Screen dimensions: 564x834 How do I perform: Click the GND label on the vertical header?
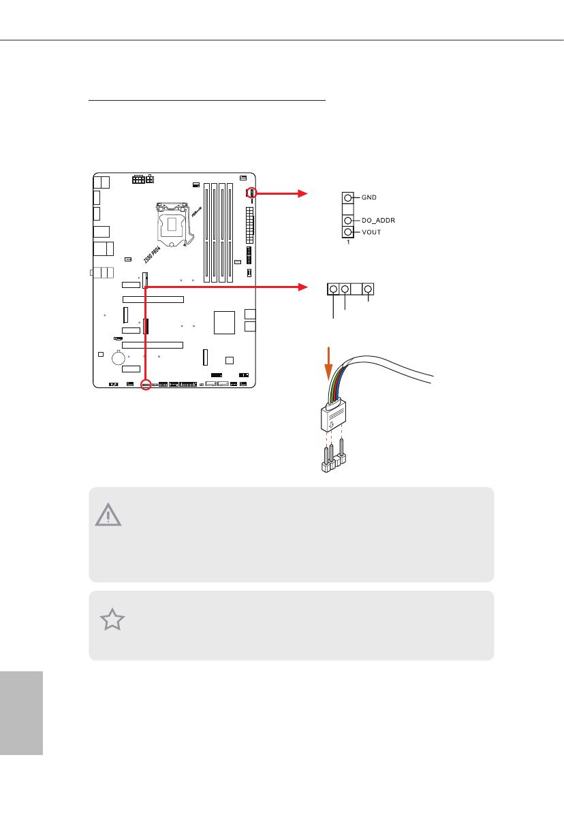pos(369,197)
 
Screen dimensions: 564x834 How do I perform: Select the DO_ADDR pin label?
pos(378,221)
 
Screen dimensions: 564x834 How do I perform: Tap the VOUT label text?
pos(371,233)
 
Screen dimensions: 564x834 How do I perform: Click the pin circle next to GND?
pos(348,197)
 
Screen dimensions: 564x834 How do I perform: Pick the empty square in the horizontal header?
pos(356,290)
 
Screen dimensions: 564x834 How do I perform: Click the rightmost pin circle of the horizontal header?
pos(369,290)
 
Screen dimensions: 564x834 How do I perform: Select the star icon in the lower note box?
pos(112,621)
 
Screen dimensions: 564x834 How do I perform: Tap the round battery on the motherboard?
pos(119,356)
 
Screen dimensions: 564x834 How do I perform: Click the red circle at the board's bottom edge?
pos(145,384)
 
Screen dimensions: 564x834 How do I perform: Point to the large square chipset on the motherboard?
pos(224,321)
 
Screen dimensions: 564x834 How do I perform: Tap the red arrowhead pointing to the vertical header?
pos(304,193)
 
